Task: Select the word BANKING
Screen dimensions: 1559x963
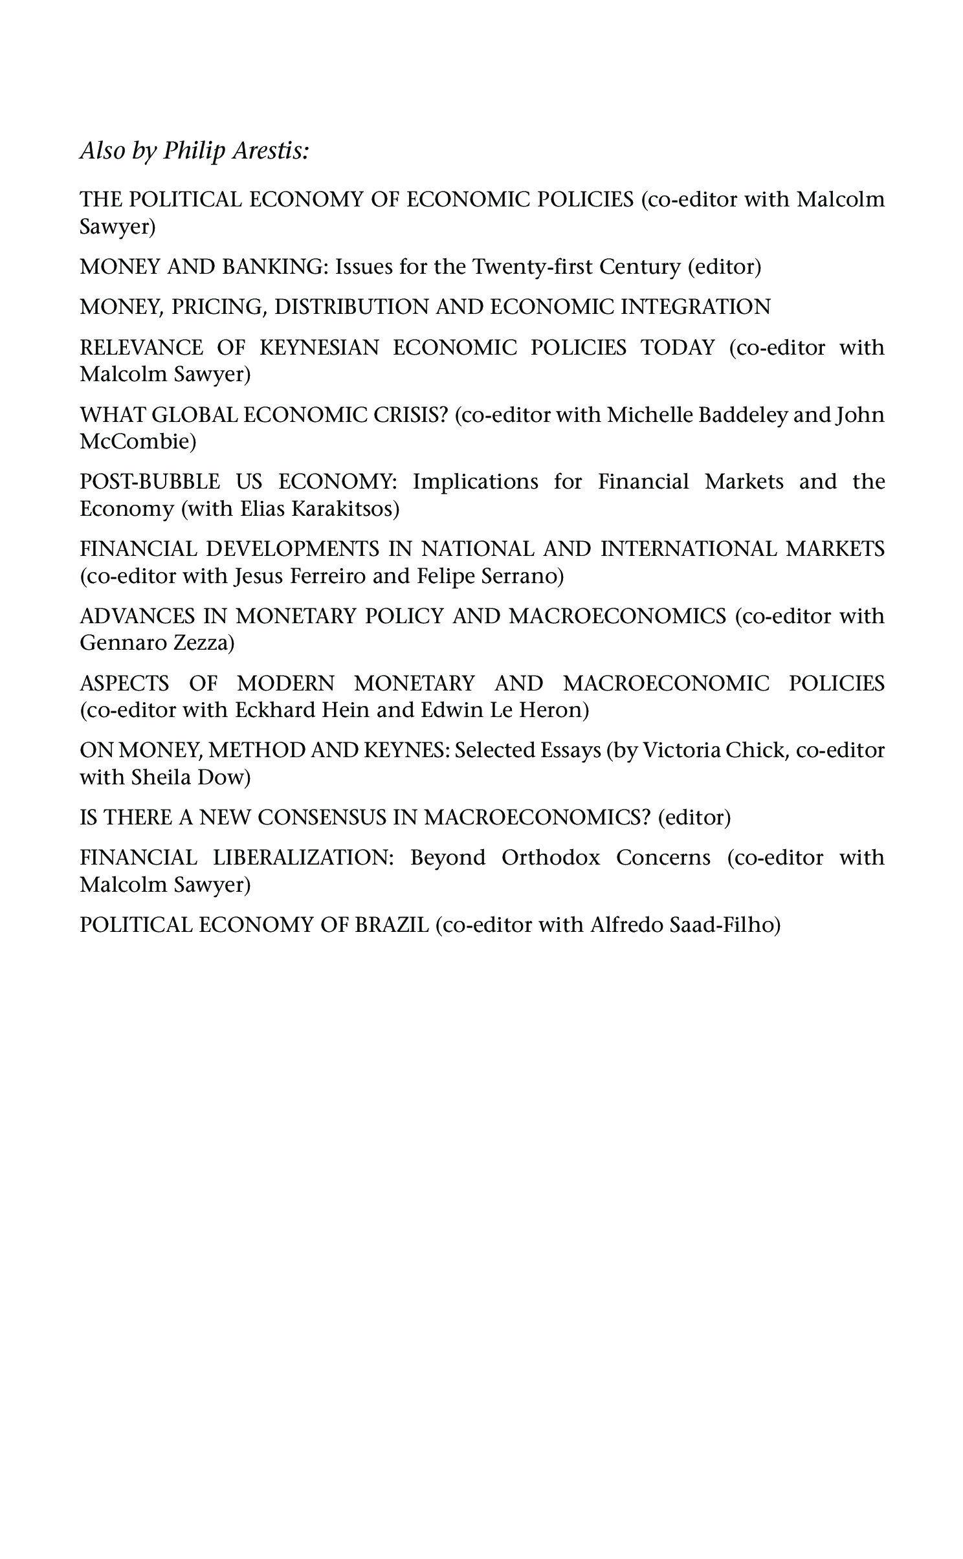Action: pyautogui.click(x=275, y=267)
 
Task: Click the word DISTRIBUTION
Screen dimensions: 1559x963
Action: pyautogui.click(x=351, y=307)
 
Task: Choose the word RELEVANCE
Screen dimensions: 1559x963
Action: pyautogui.click(x=141, y=348)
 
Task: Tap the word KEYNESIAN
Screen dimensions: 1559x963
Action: pyautogui.click(x=319, y=348)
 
